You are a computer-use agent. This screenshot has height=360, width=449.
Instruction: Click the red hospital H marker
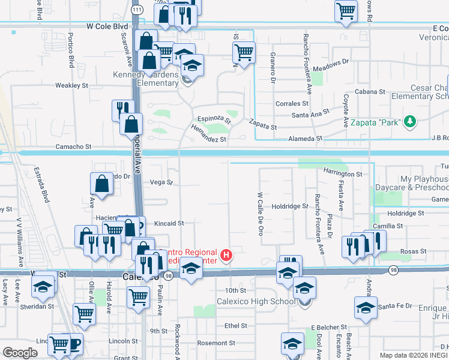pyautogui.click(x=226, y=256)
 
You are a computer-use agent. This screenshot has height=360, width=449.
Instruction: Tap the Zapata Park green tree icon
pyautogui.click(x=410, y=121)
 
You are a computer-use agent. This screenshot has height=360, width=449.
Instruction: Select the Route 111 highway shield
pyautogui.click(x=137, y=10)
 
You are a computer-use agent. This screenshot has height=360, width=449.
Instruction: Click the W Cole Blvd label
pyautogui.click(x=107, y=27)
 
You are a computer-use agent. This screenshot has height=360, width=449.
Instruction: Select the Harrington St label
pyautogui.click(x=344, y=174)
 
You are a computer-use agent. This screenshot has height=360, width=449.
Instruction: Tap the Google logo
pyautogui.click(x=20, y=352)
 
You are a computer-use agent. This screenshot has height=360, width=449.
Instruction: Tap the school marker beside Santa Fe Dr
pyautogui.click(x=365, y=307)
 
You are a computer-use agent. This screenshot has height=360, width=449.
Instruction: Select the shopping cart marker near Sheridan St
pyautogui.click(x=84, y=313)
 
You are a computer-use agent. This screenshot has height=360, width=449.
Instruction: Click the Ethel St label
pyautogui.click(x=236, y=326)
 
